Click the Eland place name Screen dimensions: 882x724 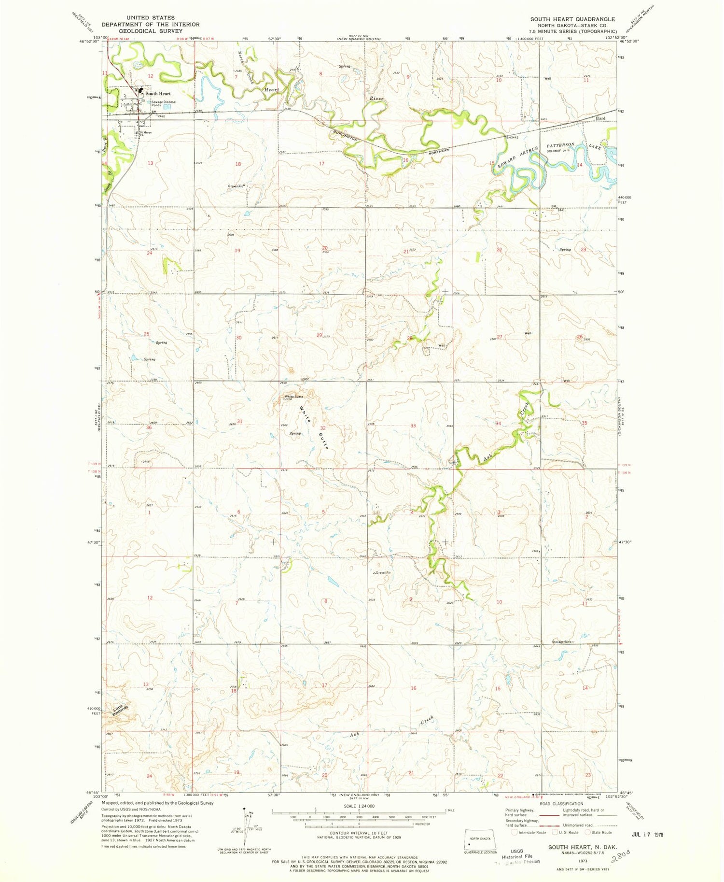tap(600, 118)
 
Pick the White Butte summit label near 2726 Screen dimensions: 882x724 tap(293, 397)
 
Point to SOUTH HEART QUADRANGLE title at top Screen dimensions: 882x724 tap(572, 19)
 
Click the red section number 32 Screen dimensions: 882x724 tap(323, 428)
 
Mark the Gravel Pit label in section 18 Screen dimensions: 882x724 tap(237, 186)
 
